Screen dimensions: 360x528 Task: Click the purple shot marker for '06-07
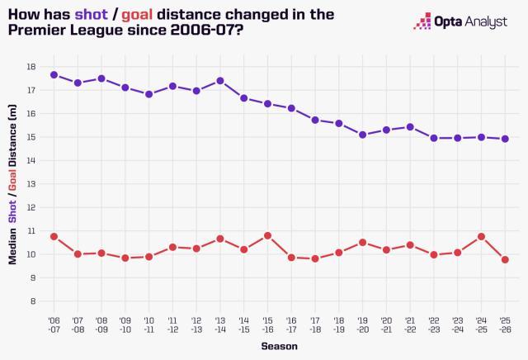coord(54,75)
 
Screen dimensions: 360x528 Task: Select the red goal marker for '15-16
coord(267,235)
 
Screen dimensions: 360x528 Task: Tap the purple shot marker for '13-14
coord(220,81)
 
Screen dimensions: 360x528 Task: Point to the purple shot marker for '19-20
coord(363,134)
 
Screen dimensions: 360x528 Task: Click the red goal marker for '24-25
coord(482,236)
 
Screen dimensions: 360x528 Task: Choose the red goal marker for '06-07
coord(54,236)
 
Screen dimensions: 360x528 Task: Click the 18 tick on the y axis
coord(31,67)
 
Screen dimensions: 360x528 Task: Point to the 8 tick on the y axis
coord(32,301)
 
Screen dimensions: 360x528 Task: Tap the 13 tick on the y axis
coord(31,184)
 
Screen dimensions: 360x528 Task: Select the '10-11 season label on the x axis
coord(149,324)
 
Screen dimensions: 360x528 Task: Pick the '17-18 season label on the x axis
coord(315,324)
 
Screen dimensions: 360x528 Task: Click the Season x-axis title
coord(280,347)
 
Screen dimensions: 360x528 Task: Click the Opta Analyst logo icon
coord(423,21)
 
